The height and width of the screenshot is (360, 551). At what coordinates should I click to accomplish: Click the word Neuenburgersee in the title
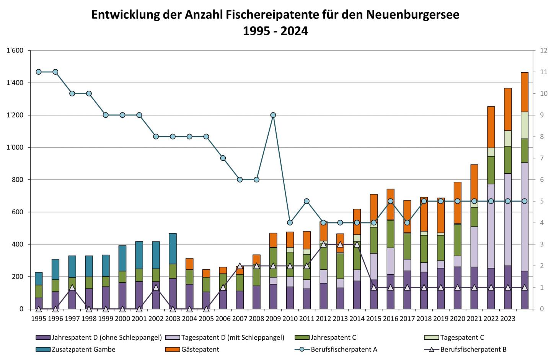[x=412, y=15]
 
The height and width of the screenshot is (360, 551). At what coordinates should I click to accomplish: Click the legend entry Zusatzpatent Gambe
[x=83, y=349]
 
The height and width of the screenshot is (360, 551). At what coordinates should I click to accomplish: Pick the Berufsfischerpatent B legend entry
[x=473, y=349]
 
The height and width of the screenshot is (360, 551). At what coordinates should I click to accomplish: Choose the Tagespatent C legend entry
[x=462, y=337]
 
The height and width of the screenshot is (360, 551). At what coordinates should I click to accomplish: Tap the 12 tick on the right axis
[x=543, y=50]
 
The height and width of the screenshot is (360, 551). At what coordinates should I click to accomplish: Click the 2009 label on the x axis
[x=273, y=318]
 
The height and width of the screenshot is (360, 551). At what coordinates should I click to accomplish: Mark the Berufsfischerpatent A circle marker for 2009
[x=273, y=115]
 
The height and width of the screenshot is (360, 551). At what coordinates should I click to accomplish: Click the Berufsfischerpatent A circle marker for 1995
[x=39, y=72]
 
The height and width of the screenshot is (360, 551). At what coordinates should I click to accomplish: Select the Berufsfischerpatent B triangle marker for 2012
[x=323, y=244]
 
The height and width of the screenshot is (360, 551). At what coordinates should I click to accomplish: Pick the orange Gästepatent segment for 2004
[x=189, y=264]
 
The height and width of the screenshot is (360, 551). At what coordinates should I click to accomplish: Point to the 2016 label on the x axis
[x=390, y=318]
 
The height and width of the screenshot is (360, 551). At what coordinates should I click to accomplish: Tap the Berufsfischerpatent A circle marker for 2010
[x=290, y=223]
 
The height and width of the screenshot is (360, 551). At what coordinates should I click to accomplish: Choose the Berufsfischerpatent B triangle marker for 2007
[x=240, y=266]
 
